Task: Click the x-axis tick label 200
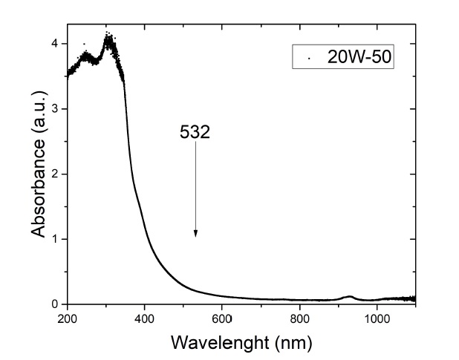point(67,319)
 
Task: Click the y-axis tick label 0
point(55,304)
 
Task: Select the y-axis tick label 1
point(55,239)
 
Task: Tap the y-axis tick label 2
point(55,174)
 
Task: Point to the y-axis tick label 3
point(55,109)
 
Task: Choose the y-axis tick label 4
point(55,44)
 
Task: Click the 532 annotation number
point(195,132)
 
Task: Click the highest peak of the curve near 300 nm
point(109,37)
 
